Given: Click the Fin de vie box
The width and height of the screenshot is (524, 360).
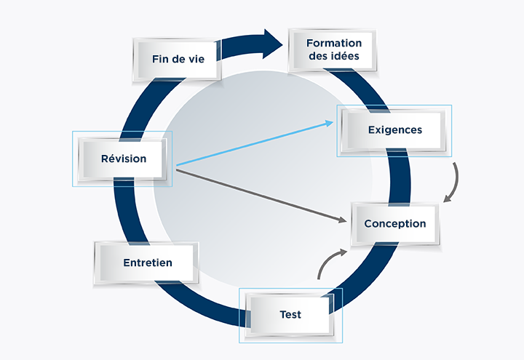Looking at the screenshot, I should pos(175,58).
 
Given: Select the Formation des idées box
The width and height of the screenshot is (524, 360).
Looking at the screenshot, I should pos(334,50).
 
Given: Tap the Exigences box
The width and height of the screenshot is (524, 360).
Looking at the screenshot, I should pos(394,130).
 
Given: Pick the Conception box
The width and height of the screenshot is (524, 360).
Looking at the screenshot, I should pos(394,223).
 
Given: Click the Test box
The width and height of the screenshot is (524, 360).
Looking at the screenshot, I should pos(290,315).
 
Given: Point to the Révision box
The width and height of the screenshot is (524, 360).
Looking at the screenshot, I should pos(123,159).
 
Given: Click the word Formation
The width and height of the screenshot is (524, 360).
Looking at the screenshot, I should pos(334,43).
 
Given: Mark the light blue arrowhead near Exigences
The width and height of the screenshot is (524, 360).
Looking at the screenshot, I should pos(329,123).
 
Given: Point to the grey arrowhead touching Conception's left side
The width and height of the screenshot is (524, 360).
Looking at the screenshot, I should pos(344,220).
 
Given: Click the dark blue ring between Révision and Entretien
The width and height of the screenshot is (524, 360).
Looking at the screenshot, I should pos(125,211).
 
